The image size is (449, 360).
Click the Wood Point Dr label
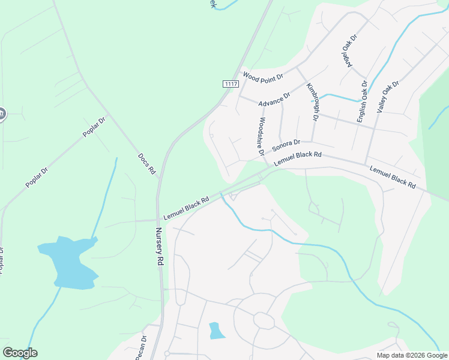coord(262,76)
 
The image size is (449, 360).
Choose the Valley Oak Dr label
coord(387,97)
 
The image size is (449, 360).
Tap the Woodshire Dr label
coord(261,136)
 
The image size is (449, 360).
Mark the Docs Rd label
coord(146,164)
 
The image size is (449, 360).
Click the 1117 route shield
coord(231,84)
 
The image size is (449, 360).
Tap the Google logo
coord(20,353)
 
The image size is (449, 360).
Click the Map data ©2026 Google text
coord(412,355)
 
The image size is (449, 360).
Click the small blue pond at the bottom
coord(215,331)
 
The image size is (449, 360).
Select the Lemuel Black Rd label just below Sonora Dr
coord(298,159)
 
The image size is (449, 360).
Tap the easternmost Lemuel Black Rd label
coord(393,178)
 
